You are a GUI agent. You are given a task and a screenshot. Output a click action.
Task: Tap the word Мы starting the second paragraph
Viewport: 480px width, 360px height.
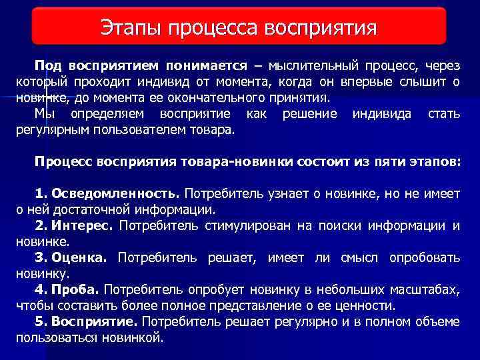[x=45, y=115]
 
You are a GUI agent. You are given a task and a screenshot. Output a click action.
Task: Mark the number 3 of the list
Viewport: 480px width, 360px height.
[x=39, y=257]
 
